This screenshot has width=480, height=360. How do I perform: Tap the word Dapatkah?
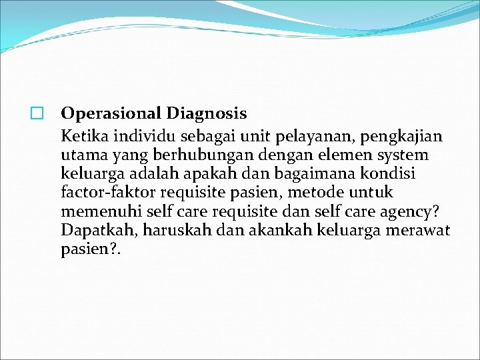[91, 230]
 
